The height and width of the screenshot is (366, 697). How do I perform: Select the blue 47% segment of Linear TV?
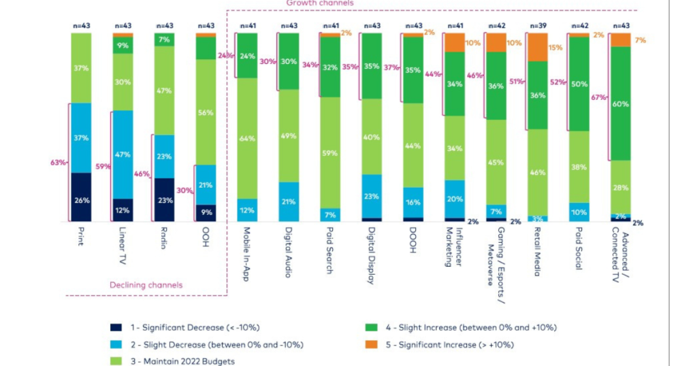(x=123, y=154)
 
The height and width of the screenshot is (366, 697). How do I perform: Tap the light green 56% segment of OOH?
(x=206, y=112)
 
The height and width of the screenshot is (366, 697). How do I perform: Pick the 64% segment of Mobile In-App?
(x=247, y=139)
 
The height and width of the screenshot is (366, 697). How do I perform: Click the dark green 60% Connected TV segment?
(x=620, y=104)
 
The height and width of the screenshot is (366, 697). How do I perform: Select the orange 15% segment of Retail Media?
(x=537, y=48)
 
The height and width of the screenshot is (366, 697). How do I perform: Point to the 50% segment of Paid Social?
(x=579, y=84)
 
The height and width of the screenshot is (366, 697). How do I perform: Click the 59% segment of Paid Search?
(x=330, y=153)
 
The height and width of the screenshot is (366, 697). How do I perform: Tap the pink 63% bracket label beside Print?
(x=58, y=162)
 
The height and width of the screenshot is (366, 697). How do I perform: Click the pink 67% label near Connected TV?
(x=599, y=97)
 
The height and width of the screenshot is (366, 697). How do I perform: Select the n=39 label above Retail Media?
(x=537, y=26)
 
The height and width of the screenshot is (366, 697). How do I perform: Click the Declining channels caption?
(x=146, y=285)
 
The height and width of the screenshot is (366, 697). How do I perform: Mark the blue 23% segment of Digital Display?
(x=372, y=196)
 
